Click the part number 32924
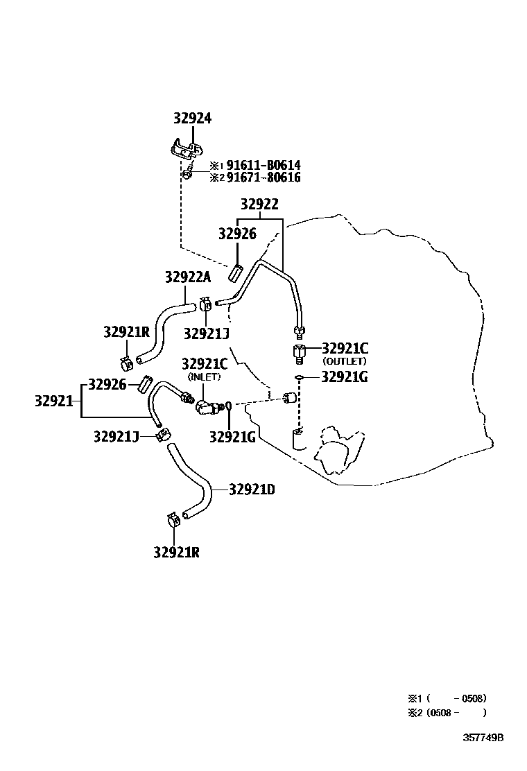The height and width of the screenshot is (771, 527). click(x=192, y=119)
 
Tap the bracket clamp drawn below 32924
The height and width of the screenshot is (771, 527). click(x=187, y=149)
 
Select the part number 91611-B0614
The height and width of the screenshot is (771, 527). click(x=254, y=166)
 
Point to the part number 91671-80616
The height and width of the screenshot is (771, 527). click(x=254, y=177)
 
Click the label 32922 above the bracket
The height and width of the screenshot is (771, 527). click(x=260, y=205)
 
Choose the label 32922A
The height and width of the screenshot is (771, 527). click(x=187, y=277)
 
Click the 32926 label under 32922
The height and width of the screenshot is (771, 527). click(x=237, y=234)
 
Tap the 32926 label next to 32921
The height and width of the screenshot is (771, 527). click(x=107, y=384)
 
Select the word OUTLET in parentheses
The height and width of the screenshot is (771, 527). click(x=345, y=361)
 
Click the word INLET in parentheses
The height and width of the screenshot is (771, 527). click(x=205, y=376)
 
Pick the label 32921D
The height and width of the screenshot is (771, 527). click(x=252, y=490)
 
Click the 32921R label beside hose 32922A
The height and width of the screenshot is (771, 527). click(x=127, y=332)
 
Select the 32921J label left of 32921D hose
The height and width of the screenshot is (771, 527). click(x=117, y=435)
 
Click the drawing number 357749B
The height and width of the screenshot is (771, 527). click(x=483, y=737)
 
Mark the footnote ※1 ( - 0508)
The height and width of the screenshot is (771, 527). click(x=447, y=698)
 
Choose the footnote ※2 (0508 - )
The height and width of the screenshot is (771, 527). click(x=447, y=712)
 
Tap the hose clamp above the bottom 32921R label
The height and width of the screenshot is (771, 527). click(x=173, y=519)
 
